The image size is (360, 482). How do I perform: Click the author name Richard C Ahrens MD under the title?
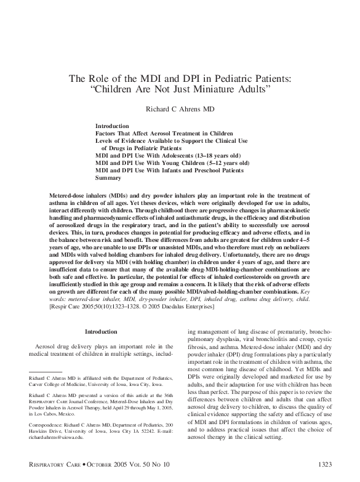tap(180, 108)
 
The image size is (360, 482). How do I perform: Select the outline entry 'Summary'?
tap(108, 177)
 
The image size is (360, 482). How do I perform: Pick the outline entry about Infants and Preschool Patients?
tap(170, 170)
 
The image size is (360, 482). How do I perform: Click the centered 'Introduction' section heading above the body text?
tap(100, 331)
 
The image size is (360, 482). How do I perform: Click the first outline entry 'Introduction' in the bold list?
tap(112, 125)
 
